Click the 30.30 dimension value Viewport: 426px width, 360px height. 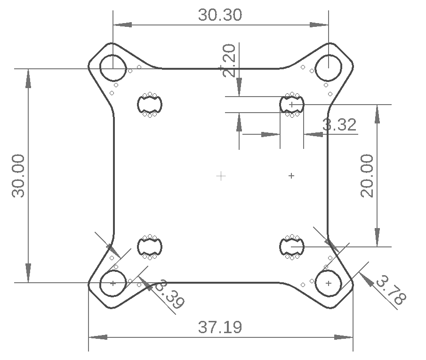(x=220, y=15)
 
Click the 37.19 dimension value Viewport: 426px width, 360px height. (x=220, y=327)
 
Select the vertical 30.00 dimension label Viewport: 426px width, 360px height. (x=18, y=175)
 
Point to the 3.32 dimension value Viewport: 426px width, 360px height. (x=339, y=125)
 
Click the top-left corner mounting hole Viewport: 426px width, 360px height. (x=113, y=68)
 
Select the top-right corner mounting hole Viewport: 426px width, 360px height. (x=328, y=68)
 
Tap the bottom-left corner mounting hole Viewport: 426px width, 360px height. (x=113, y=283)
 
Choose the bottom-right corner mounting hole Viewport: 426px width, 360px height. (x=328, y=283)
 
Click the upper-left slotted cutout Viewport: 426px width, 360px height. (x=150, y=104)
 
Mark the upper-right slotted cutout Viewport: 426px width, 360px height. (x=292, y=104)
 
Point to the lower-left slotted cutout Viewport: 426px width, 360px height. (x=150, y=246)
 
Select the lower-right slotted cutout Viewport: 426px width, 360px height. (x=292, y=246)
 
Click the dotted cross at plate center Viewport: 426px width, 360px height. (x=221, y=176)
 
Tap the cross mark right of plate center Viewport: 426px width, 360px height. (x=291, y=176)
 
